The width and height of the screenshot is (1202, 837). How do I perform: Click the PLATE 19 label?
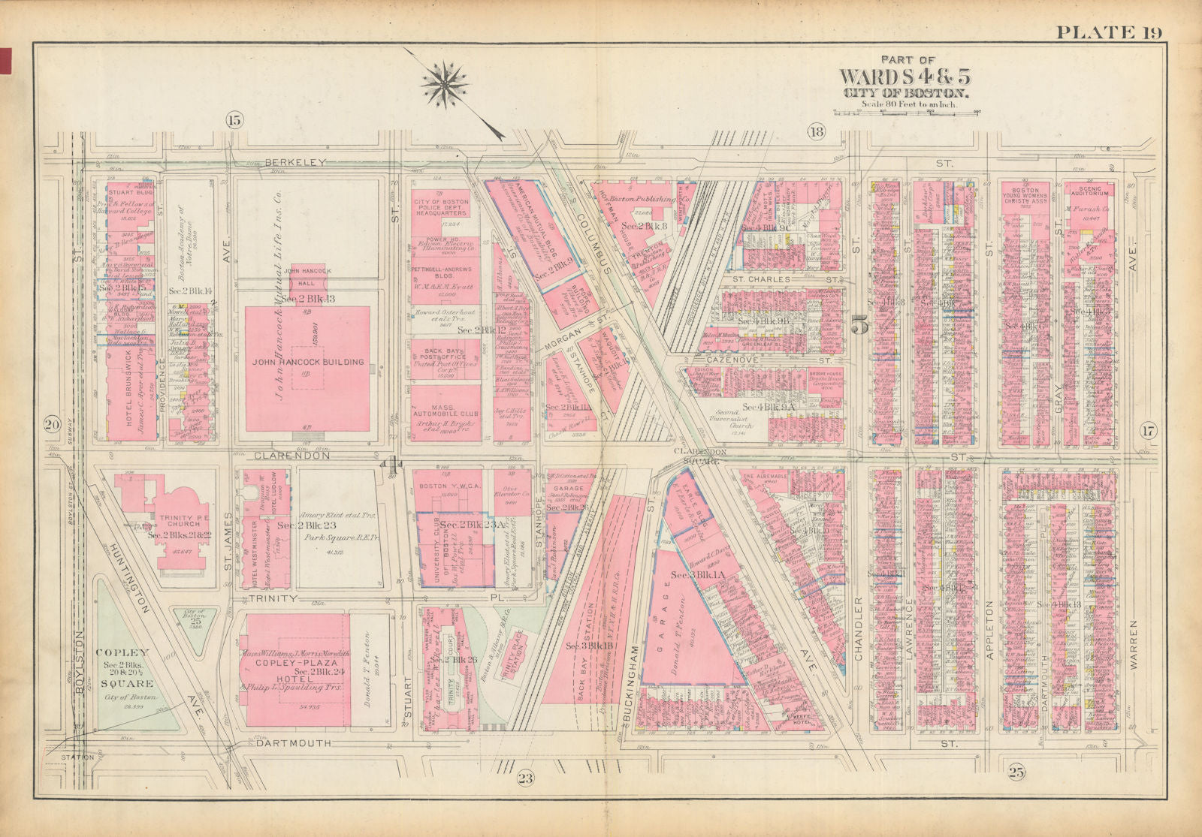point(1109,32)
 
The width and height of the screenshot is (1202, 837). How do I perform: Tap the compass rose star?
point(443,83)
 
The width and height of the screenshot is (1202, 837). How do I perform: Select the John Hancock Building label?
point(307,362)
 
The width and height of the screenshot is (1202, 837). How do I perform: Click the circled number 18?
point(817,133)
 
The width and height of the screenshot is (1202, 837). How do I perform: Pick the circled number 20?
point(52,425)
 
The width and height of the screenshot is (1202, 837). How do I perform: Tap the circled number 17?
point(1149,430)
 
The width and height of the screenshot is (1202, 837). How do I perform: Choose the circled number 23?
point(524,779)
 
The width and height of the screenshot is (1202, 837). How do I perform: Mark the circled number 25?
point(1017,771)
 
